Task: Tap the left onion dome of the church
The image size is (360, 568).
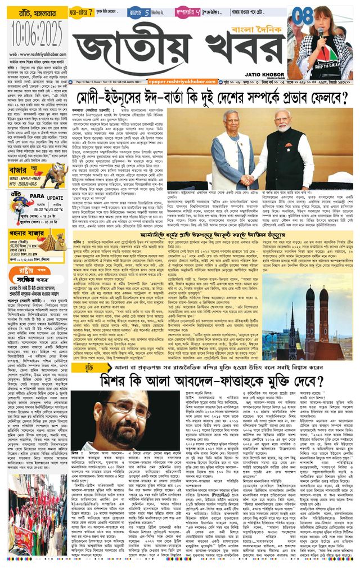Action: [x=309, y=293]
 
